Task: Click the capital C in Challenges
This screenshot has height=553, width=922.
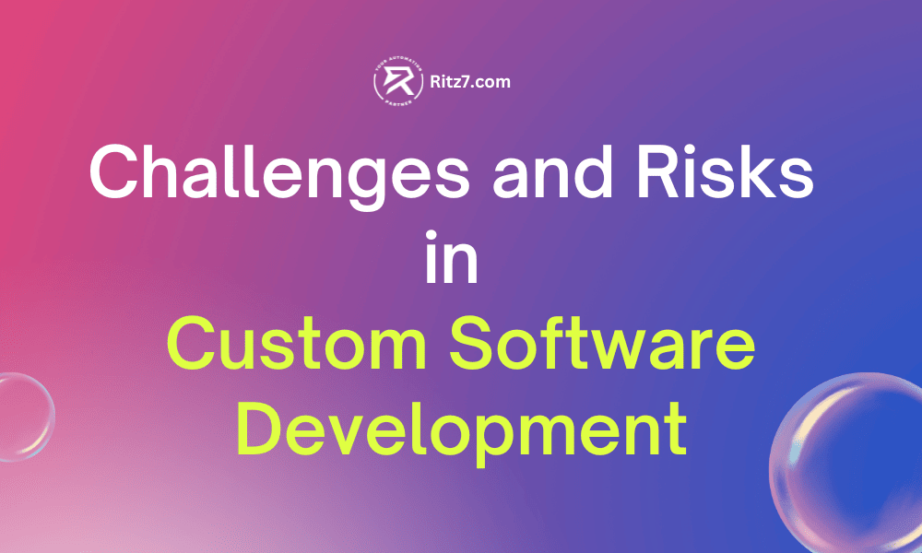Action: point(113,174)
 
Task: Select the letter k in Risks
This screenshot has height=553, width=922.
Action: point(760,172)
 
